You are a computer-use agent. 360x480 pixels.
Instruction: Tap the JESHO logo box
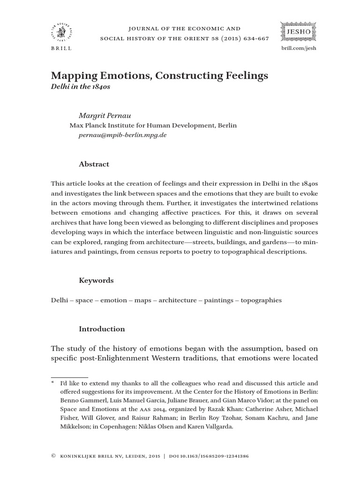click(299, 31)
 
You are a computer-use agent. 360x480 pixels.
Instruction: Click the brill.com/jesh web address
click(299, 49)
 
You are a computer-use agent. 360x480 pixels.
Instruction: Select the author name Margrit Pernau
click(103, 115)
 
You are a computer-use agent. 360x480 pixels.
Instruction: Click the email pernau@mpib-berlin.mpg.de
click(123, 135)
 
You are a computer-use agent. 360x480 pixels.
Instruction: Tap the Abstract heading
click(94, 164)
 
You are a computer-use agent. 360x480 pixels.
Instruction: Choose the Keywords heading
click(96, 280)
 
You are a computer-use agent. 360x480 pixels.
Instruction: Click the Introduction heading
click(102, 329)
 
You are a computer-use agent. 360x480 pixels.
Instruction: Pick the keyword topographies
click(261, 300)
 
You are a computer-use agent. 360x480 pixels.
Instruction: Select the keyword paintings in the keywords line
click(218, 300)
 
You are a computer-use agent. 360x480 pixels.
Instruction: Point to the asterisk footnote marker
click(52, 383)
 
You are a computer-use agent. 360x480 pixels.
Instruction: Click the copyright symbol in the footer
click(53, 455)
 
